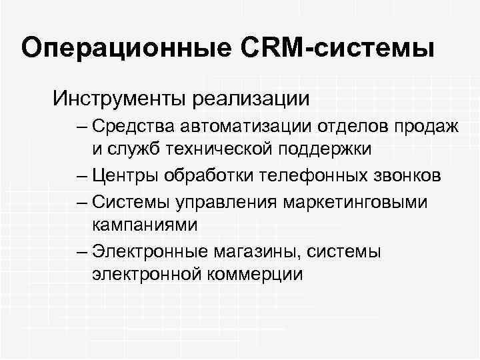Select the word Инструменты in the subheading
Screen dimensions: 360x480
[x=121, y=99]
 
